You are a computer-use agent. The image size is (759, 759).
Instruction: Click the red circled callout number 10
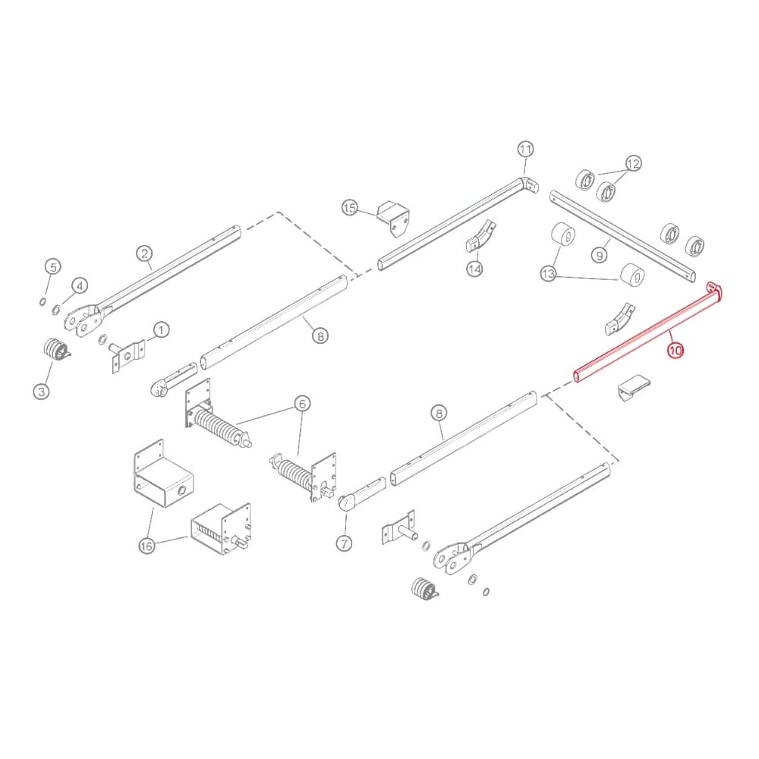click(x=675, y=351)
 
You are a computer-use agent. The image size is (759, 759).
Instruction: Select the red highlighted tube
click(x=645, y=334)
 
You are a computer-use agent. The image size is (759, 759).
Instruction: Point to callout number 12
click(x=633, y=162)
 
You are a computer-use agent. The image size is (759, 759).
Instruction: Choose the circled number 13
click(x=549, y=274)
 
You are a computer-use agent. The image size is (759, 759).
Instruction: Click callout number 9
click(x=599, y=256)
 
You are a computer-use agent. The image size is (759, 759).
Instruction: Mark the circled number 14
click(x=474, y=269)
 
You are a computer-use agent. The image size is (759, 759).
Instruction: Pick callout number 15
click(x=349, y=207)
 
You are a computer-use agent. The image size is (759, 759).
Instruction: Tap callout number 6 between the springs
click(x=302, y=405)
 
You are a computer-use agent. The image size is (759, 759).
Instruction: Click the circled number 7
click(x=345, y=543)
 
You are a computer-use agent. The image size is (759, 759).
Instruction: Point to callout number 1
click(x=161, y=330)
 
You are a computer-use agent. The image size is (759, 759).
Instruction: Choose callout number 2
click(x=144, y=254)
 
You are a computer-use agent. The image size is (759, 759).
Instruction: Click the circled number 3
click(x=41, y=392)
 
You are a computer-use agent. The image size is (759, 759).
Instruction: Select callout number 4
click(x=80, y=285)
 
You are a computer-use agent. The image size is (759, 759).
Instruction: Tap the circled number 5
click(x=52, y=266)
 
